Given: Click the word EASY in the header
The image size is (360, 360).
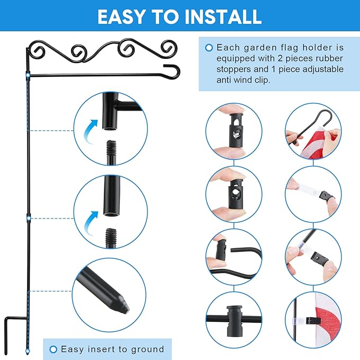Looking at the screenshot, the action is coord(121,16).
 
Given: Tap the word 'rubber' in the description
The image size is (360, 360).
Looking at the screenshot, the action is coord(329,58).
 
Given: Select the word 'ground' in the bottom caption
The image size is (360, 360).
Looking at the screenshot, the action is coord(147,349).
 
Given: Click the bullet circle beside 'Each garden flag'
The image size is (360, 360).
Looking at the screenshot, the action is coord(209,48).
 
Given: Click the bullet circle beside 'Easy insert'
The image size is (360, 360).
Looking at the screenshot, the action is coord(53,349).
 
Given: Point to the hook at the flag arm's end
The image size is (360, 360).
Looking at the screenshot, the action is coord(173,71).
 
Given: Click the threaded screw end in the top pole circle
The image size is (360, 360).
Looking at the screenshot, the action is coord(111,152).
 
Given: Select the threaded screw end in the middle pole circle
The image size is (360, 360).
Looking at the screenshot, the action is coord(111,238).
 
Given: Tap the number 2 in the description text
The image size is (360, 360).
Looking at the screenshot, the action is coord(280,58).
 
